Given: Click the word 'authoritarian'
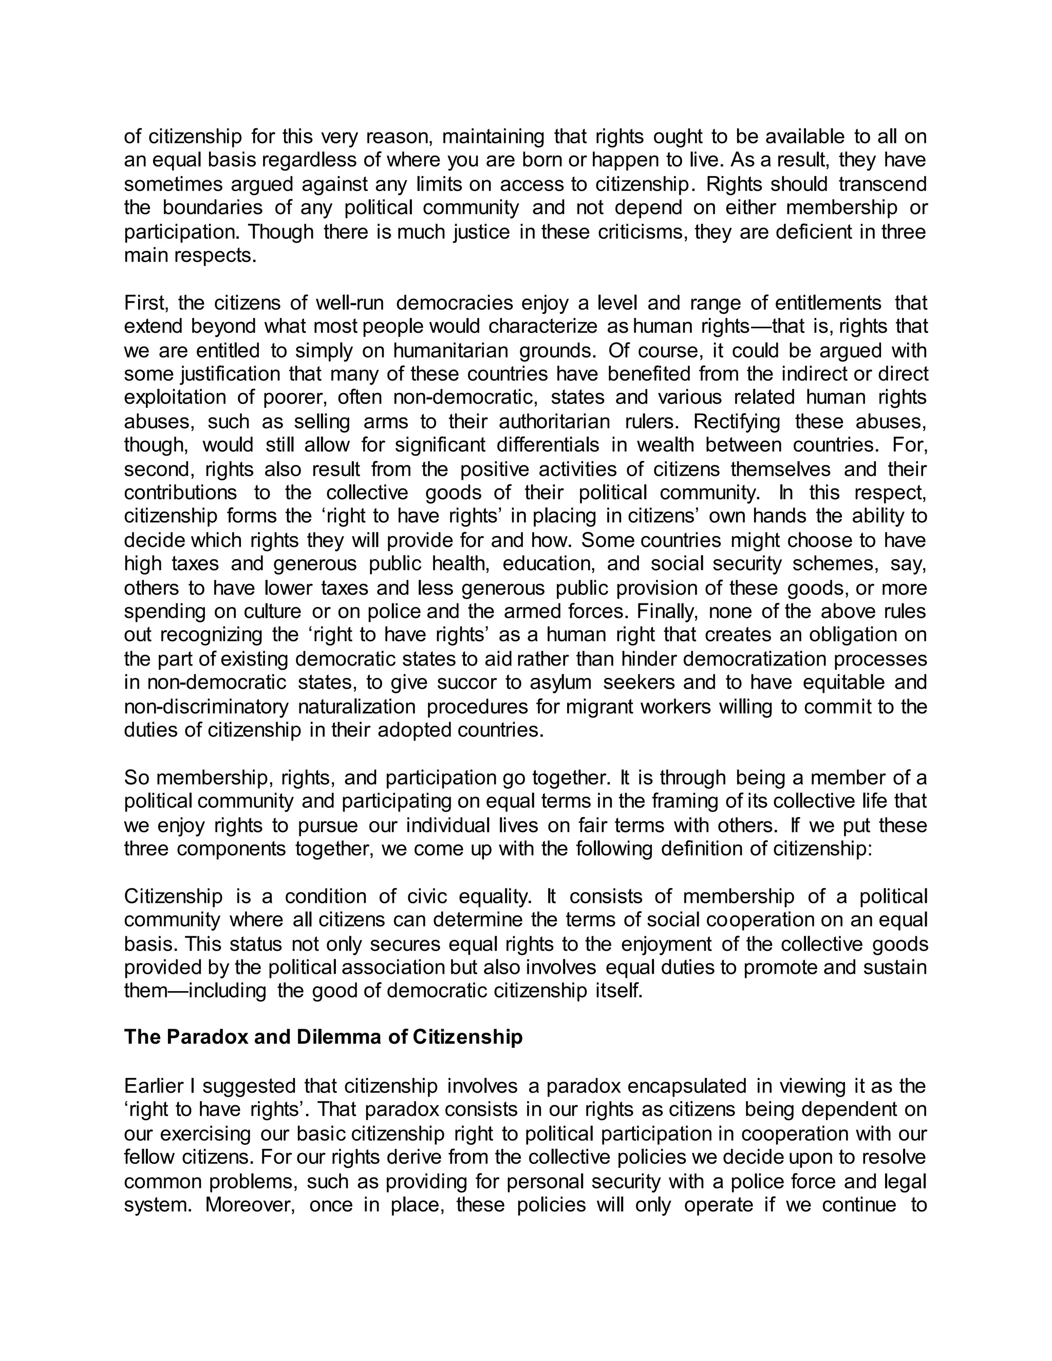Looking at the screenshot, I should point(554,421).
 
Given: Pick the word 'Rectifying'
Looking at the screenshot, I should point(737,421).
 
